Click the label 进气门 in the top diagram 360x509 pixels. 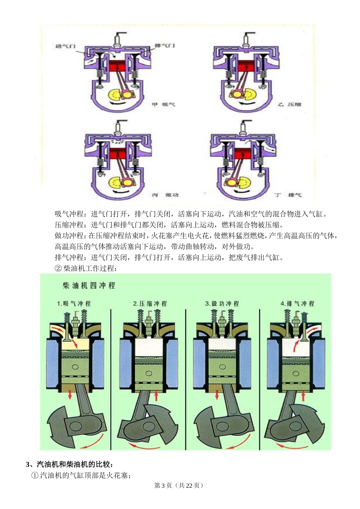coord(65,46)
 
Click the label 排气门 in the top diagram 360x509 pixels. coord(165,46)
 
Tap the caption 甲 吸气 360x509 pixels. coord(163,104)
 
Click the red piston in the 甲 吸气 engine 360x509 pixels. coord(117,66)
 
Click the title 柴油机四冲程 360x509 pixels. coord(89,285)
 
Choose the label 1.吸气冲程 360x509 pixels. coord(74,303)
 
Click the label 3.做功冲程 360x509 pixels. coord(222,303)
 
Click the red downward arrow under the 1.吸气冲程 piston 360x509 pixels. coord(70,396)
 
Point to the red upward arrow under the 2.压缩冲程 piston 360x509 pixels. coord(156,396)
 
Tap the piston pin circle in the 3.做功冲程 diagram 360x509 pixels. coord(222,367)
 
